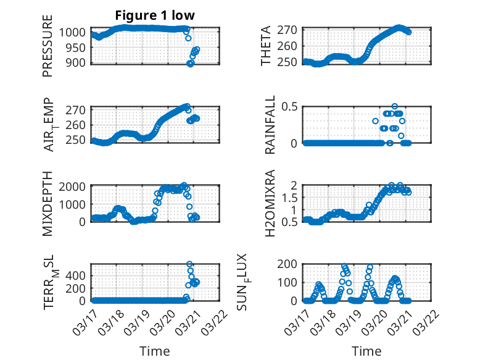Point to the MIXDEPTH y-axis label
(x=48, y=205)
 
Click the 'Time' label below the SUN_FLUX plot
(x=366, y=351)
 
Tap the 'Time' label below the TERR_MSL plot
(x=154, y=351)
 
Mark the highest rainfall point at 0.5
(x=395, y=107)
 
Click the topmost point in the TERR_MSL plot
(x=189, y=264)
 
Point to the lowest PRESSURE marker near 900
(x=190, y=64)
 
